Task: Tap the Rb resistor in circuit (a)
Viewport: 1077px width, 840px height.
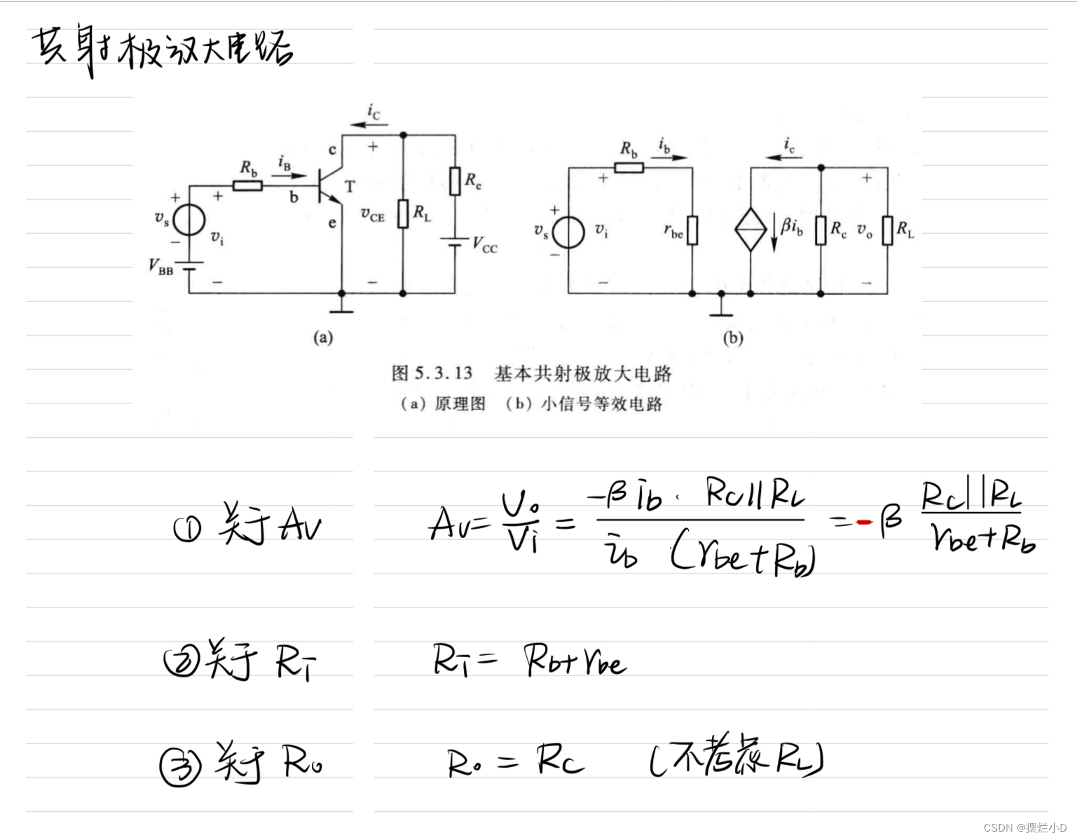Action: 247,186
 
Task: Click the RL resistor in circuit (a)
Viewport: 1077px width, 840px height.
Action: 403,214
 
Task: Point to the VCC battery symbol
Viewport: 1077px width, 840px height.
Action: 455,242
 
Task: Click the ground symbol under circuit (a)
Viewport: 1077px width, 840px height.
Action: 342,307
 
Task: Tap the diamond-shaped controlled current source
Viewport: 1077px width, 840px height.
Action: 750,229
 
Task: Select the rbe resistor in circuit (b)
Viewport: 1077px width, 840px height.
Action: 692,230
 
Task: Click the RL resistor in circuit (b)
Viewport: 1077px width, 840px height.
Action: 888,230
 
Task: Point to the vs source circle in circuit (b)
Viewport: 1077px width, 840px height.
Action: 568,233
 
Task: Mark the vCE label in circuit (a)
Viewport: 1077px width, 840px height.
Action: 373,215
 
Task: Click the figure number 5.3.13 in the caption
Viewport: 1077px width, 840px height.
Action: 443,373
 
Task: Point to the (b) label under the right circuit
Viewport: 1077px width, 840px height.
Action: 733,338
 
